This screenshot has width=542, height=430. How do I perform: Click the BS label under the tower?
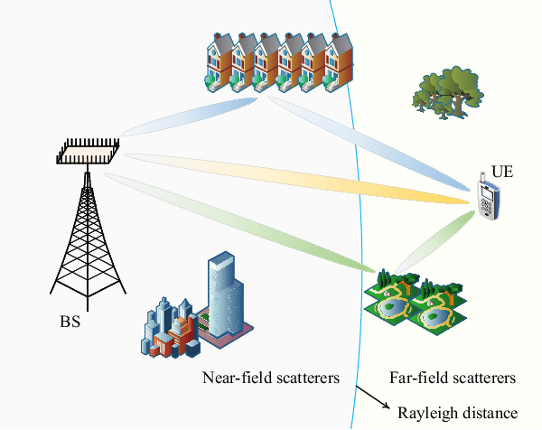click(70, 321)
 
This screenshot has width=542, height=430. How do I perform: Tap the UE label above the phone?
click(501, 171)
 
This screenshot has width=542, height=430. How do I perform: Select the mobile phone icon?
click(489, 201)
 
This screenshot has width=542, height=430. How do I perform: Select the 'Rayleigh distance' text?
click(458, 413)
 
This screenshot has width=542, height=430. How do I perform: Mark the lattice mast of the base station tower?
click(89, 239)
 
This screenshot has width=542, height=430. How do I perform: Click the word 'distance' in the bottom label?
click(492, 413)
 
